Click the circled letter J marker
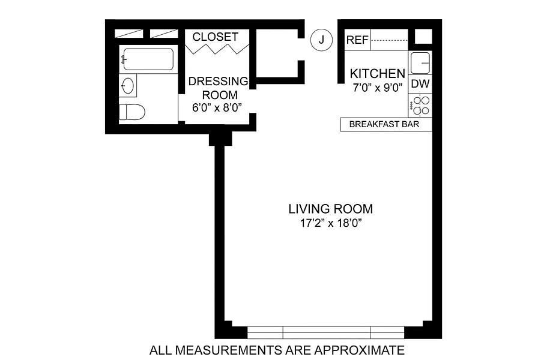coord(321,40)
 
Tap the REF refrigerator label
coord(357,40)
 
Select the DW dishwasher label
coord(420,84)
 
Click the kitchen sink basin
coord(420,63)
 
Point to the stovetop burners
coord(420,106)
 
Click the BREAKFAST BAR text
coord(384,124)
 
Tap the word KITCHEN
coord(378,73)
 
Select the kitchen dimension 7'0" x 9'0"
coord(378,88)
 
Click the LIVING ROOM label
coord(330,209)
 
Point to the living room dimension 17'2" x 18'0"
coord(330,223)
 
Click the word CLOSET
coord(216,37)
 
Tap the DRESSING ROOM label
coord(219,88)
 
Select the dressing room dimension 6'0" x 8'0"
coord(217,107)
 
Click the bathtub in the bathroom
coord(148,59)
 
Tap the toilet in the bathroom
coord(132,112)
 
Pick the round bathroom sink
coord(128,86)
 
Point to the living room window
coord(325,332)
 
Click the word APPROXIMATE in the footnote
coord(359,350)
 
